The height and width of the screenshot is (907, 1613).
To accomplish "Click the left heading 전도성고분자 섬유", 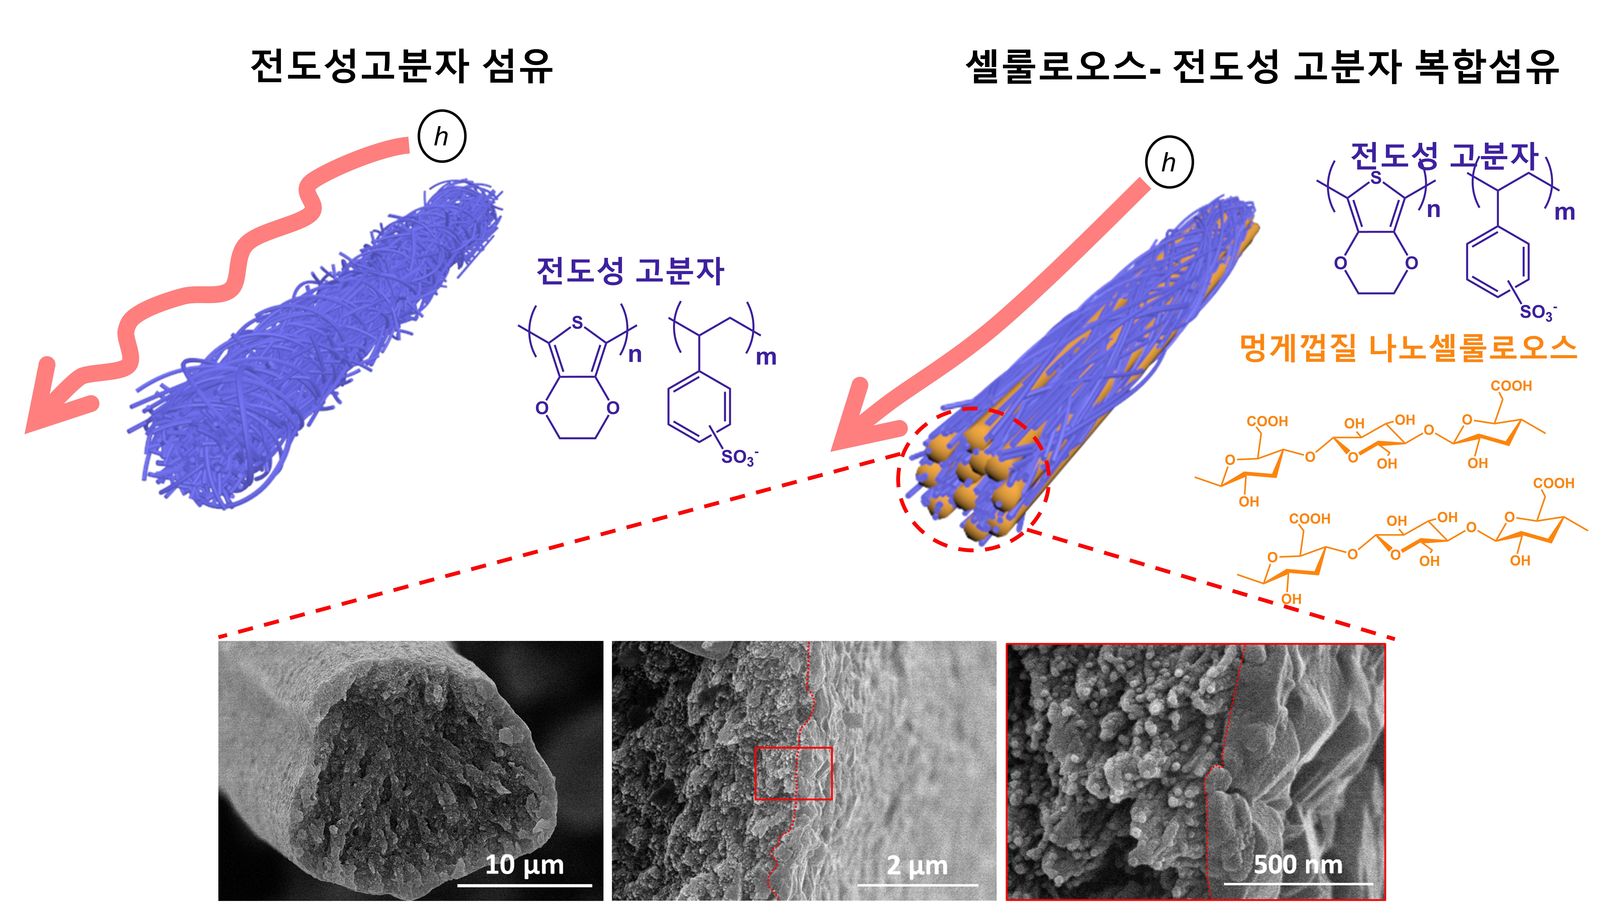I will tap(401, 66).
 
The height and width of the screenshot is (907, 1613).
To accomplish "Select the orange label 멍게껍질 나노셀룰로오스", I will tap(1408, 348).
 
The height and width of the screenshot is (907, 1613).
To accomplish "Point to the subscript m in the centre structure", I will tap(766, 357).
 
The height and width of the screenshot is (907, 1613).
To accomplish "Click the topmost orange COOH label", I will tap(1511, 386).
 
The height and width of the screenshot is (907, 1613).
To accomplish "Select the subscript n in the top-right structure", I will tap(1433, 210).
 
